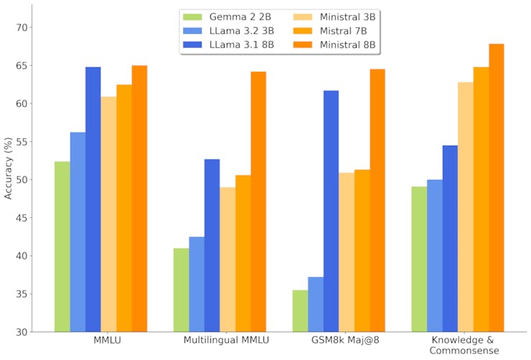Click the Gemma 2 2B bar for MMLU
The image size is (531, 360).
(62, 247)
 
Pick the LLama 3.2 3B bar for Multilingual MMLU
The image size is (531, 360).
(197, 284)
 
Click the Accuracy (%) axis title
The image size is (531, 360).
(8, 169)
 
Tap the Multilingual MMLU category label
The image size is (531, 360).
(227, 340)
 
